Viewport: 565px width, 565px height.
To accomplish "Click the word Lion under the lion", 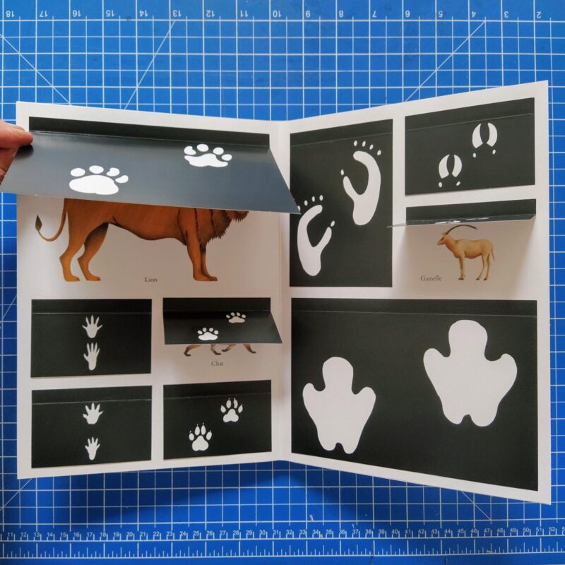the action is tap(150, 279).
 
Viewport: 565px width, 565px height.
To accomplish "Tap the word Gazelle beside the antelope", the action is tap(431, 278).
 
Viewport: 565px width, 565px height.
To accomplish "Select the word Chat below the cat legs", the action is tap(218, 363).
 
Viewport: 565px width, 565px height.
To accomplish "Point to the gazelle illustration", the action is tap(466, 252).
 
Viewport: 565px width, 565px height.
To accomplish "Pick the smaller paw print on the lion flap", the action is tap(208, 155).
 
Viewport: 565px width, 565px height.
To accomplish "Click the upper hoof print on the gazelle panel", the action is tap(484, 139).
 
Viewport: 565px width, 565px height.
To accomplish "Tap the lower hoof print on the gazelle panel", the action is tap(450, 170).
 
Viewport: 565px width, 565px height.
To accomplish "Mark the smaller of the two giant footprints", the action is tap(339, 404).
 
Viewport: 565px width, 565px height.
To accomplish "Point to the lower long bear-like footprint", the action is tap(314, 236).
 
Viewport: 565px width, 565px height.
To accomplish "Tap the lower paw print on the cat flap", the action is tap(208, 334).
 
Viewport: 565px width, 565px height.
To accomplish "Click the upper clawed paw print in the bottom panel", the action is tap(232, 410).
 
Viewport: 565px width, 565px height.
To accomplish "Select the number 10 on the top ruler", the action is tap(276, 14).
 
